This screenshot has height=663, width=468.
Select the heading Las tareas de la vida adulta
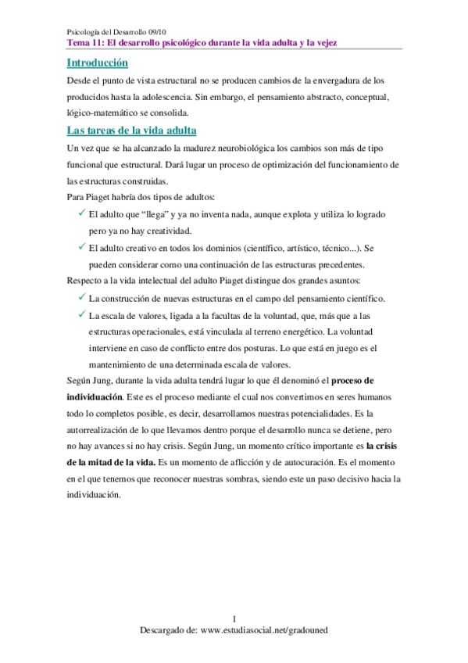click(132, 130)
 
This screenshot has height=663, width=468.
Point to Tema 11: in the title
click(84, 42)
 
